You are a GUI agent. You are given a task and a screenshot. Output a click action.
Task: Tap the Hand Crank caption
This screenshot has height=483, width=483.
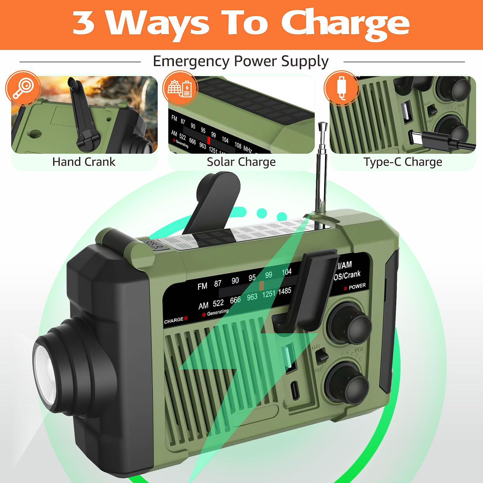84,162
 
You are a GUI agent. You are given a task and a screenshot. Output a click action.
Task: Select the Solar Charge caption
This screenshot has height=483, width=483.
241,162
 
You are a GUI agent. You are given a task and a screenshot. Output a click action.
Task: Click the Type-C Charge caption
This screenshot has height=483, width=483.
402,162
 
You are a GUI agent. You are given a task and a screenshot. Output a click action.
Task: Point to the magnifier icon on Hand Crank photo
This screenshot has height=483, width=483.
23,88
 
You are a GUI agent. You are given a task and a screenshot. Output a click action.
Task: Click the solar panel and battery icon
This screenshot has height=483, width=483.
180,88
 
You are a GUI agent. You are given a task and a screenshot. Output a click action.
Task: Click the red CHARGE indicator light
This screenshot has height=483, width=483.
186,318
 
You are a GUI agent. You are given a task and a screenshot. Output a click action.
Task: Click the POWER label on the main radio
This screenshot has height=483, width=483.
357,286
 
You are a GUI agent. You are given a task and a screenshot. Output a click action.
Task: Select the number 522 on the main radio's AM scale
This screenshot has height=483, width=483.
218,303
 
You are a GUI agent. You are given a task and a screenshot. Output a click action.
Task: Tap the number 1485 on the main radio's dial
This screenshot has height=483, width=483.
284,291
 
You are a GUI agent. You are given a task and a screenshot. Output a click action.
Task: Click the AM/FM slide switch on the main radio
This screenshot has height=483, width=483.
322,356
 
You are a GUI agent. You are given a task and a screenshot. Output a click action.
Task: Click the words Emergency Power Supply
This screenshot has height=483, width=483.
241,61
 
